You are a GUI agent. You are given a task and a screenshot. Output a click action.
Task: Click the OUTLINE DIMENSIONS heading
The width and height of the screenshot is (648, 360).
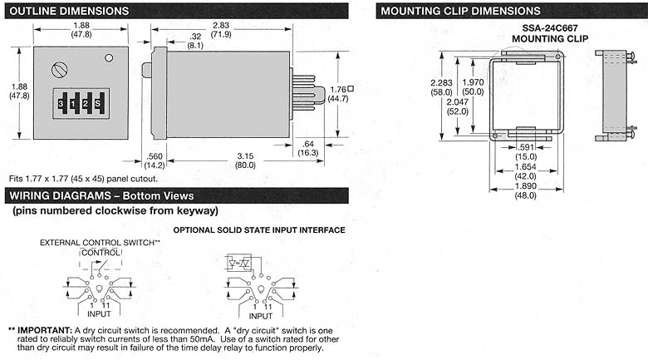coord(68,11)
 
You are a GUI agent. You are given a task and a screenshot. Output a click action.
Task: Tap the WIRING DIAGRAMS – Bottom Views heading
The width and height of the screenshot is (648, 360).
coord(101,195)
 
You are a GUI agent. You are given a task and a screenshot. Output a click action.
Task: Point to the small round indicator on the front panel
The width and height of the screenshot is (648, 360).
coord(109,58)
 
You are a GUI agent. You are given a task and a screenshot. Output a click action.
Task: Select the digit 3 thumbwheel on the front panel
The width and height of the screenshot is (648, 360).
coord(61,103)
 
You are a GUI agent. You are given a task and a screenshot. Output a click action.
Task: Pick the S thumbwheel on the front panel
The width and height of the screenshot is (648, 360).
coord(98,103)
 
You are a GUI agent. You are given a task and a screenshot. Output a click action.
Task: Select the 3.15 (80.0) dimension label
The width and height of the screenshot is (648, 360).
coord(243,160)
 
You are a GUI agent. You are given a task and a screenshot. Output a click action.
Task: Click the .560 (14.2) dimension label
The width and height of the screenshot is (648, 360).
coord(153,160)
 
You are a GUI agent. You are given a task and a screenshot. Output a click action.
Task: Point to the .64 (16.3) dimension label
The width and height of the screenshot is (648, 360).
coord(307,148)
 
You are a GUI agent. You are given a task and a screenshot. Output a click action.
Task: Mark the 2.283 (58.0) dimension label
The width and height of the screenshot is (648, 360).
coord(442,87)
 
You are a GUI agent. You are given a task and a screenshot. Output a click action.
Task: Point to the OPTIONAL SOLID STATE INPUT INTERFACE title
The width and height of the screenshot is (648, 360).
coord(258,229)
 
